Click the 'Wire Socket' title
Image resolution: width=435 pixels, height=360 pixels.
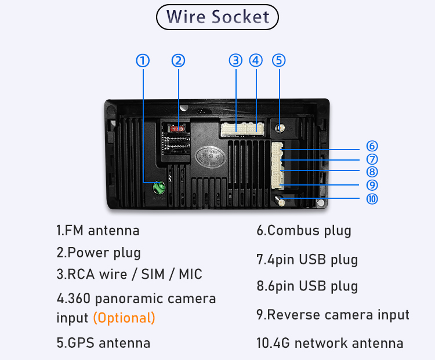point(217,17)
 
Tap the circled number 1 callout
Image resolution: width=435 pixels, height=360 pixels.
point(143,60)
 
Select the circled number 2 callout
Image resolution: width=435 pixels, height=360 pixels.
point(178,60)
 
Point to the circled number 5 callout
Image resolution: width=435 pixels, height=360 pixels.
point(279,60)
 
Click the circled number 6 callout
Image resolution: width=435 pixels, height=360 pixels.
point(372,146)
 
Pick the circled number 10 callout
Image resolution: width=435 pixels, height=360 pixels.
point(372,199)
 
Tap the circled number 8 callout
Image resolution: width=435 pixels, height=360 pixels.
point(372,172)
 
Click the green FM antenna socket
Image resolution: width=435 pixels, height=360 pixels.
point(159,188)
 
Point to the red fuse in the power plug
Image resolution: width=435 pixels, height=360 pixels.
point(177,129)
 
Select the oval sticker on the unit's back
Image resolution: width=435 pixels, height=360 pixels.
point(210,157)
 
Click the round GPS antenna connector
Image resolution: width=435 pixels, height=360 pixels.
point(280,128)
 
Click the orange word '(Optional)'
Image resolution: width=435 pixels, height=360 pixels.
point(124,318)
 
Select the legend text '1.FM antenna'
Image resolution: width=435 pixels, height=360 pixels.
point(98,231)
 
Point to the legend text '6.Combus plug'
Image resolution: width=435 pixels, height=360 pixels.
point(304,231)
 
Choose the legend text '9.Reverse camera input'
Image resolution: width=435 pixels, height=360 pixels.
point(333,315)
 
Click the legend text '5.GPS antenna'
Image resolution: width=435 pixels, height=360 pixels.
point(103,343)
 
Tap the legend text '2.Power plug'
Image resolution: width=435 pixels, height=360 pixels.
point(99,253)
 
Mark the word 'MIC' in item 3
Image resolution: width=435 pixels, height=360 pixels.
point(190,274)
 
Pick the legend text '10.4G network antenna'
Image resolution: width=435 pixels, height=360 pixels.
point(330,343)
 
